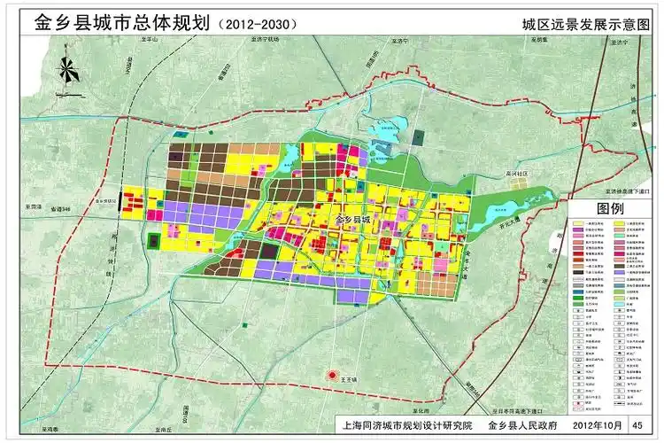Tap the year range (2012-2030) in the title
point(256,24)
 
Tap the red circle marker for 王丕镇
point(334,376)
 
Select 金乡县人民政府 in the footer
point(519,426)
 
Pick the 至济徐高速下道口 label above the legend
point(620,190)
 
